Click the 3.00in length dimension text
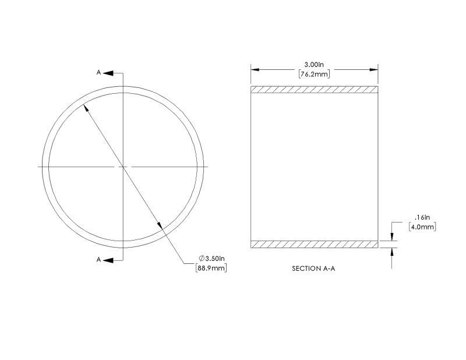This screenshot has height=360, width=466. [x=314, y=65]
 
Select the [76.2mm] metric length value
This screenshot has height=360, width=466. [x=314, y=74]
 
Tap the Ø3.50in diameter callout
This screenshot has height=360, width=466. [x=211, y=258]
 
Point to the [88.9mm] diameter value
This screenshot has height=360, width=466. [x=211, y=268]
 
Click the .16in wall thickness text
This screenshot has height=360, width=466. [x=422, y=217]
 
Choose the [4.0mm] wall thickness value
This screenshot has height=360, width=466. [x=422, y=227]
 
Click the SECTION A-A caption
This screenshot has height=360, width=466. [x=313, y=269]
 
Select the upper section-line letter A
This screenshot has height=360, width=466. [x=98, y=72]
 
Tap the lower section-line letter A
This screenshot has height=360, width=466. [x=98, y=260]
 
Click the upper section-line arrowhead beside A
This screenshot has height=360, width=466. [x=108, y=73]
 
